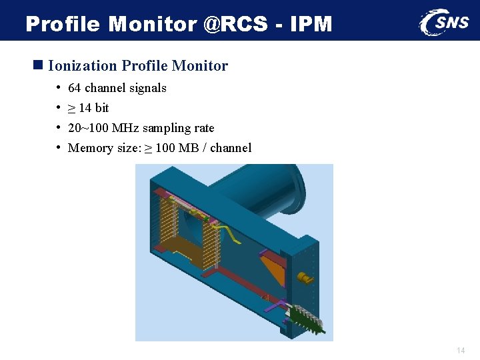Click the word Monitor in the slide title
tap(152, 24)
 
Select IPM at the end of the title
tap(311, 24)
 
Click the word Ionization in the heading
tap(83, 65)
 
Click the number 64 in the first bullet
tap(75, 88)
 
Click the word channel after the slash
tap(231, 148)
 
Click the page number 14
tap(461, 350)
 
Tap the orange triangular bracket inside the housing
tap(272, 267)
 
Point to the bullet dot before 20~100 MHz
tap(59, 127)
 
